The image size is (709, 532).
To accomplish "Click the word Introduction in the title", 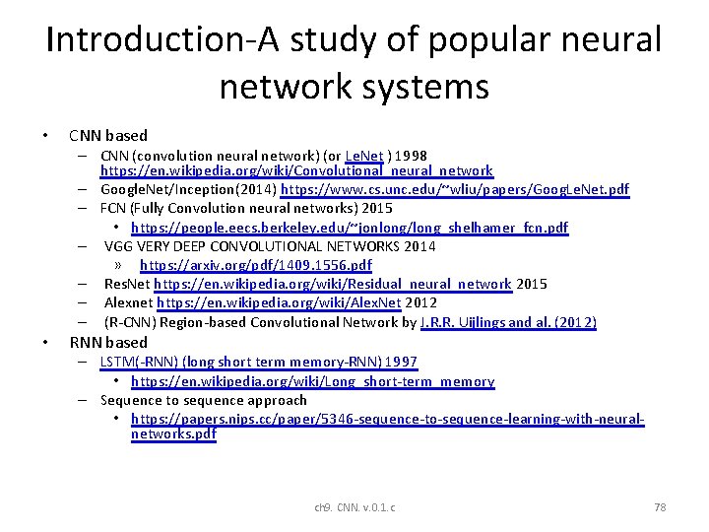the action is coord(132,39).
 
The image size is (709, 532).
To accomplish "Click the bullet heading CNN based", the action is coord(108,135).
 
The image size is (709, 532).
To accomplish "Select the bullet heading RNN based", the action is coord(108,342).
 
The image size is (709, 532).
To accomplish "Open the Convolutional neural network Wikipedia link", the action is coord(296,171).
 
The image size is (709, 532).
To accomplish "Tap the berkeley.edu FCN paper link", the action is coord(350,228).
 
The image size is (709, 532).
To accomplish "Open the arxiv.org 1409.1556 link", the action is coord(256,265).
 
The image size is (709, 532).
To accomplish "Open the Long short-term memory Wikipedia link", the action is coord(313,381).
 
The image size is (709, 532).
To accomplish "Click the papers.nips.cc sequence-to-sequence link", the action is coord(388,419).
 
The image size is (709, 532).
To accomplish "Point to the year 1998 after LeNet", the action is coord(412,155).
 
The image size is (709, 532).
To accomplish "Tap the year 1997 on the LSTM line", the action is coord(401,362).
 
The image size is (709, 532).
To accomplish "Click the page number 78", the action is coord(660,507).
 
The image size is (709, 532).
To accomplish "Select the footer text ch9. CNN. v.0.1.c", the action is coord(354,507).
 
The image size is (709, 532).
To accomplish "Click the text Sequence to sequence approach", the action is coord(204,400).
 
